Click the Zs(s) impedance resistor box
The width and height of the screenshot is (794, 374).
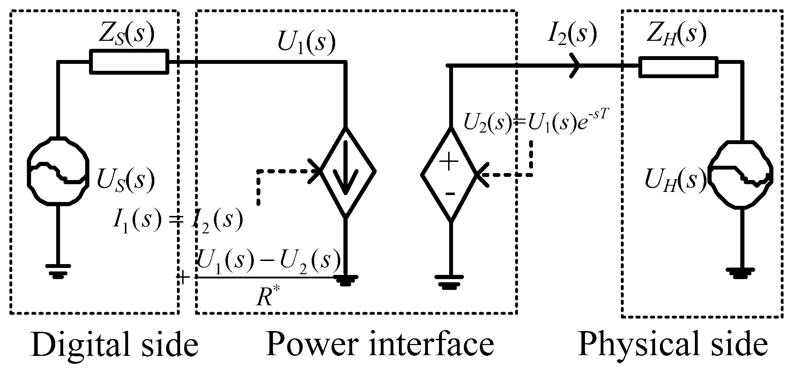click(129, 62)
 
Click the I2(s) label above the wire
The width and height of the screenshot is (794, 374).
click(571, 36)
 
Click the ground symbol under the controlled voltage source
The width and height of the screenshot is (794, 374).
click(450, 281)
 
